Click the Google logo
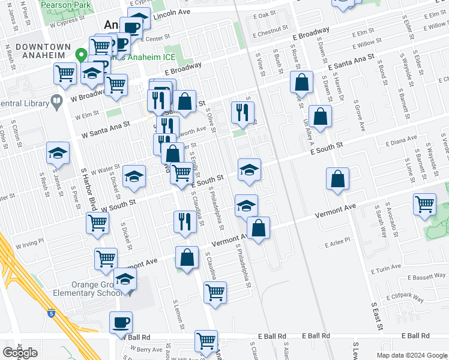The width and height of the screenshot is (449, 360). (20, 353)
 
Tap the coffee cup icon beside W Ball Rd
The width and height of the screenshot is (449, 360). (121, 323)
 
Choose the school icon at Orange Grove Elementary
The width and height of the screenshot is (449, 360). (125, 280)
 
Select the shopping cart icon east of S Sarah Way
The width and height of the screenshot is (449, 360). (425, 204)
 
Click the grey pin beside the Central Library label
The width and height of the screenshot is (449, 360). (57, 100)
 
